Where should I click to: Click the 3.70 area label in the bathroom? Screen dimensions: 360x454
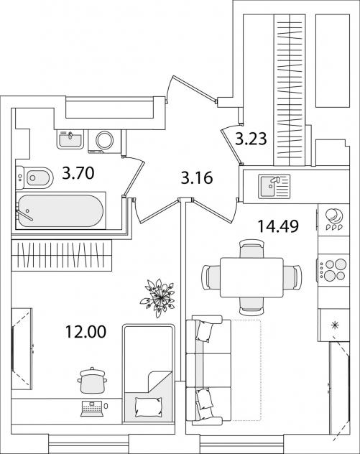pyautogui.click(x=78, y=173)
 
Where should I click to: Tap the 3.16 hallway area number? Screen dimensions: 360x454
pyautogui.click(x=197, y=177)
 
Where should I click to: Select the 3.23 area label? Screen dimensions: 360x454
pyautogui.click(x=251, y=139)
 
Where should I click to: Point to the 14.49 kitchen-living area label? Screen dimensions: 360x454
pyautogui.click(x=278, y=226)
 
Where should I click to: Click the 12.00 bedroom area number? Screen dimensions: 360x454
pyautogui.click(x=86, y=332)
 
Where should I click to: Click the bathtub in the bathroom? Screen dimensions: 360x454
pyautogui.click(x=60, y=210)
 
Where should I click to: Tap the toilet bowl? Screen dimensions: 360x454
pyautogui.click(x=34, y=177)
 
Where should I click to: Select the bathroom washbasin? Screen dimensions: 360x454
pyautogui.click(x=70, y=139)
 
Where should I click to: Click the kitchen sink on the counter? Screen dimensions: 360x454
pyautogui.click(x=274, y=186)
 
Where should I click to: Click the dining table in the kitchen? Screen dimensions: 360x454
pyautogui.click(x=251, y=277)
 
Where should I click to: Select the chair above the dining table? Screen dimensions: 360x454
pyautogui.click(x=251, y=249)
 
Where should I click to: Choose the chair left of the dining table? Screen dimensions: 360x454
pyautogui.click(x=211, y=277)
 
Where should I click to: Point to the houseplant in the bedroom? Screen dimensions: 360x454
pyautogui.click(x=158, y=297)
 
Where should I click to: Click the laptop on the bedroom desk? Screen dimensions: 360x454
pyautogui.click(x=93, y=408)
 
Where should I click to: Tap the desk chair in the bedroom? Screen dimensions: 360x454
pyautogui.click(x=92, y=381)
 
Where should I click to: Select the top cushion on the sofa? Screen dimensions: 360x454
pyautogui.click(x=206, y=330)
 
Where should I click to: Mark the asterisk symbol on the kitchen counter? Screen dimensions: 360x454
pyautogui.click(x=336, y=325)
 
